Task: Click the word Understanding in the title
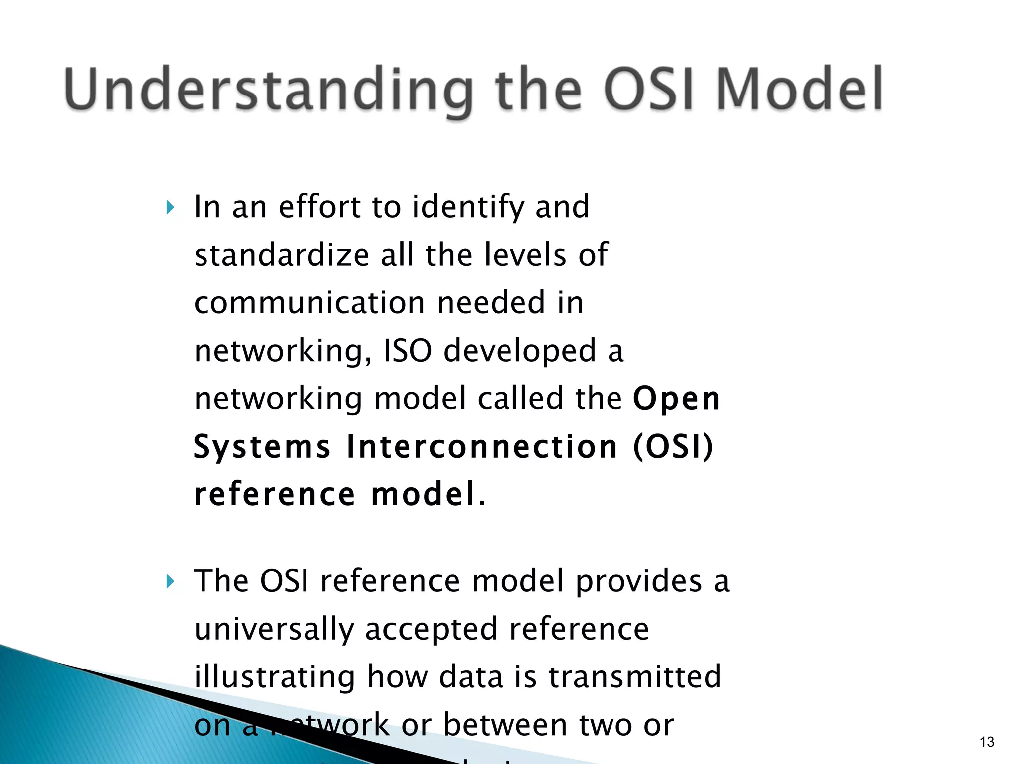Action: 269,90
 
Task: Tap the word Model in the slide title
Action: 799,90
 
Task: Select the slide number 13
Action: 987,742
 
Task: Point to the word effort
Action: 319,207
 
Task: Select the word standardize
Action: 282,255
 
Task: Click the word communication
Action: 309,303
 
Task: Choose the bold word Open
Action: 677,399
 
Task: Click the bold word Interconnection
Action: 482,446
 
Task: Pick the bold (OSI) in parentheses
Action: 673,446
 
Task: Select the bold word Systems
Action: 262,446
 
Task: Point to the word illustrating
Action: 275,676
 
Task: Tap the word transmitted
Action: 634,676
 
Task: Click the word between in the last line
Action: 505,725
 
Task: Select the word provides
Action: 638,581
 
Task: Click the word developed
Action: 519,351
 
